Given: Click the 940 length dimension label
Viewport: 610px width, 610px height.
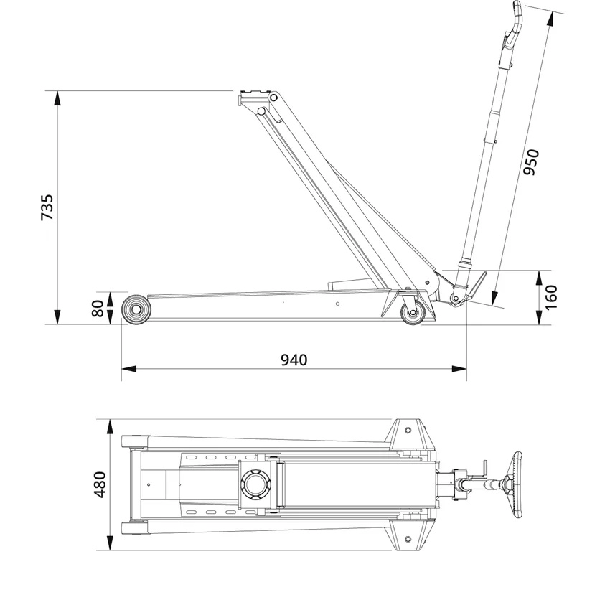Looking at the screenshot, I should pos(294,359).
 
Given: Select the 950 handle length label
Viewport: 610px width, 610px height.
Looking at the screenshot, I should pos(531,164).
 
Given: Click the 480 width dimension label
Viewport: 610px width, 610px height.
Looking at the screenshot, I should pos(99,484).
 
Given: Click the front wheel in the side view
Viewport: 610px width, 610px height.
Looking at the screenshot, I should pos(135,310).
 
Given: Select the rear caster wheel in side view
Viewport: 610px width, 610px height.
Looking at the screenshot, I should pos(414,313).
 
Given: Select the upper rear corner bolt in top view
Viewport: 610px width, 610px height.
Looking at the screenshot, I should pos(408,430).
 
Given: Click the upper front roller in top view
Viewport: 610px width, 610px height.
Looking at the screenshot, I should pos(133,440).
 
